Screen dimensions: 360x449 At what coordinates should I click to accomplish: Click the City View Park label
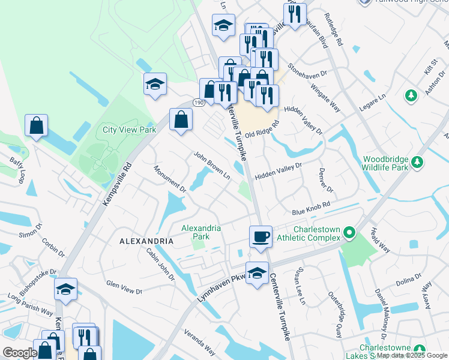coord(129,130)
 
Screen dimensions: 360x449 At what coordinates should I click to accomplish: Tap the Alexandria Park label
coord(202,232)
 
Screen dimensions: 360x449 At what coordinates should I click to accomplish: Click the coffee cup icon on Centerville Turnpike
coord(260,236)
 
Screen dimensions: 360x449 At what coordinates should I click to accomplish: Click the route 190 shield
coord(198,103)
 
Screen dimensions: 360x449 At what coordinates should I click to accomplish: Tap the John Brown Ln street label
coord(211,165)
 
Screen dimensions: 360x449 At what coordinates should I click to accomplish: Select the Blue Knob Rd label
coord(312,208)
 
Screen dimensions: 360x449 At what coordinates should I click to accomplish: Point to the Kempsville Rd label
coord(117,183)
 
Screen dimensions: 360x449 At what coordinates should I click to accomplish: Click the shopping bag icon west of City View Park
coord(37,125)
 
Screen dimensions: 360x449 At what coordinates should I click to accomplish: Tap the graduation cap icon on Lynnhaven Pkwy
coord(257,273)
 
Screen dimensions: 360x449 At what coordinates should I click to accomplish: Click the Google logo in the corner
coord(20,353)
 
